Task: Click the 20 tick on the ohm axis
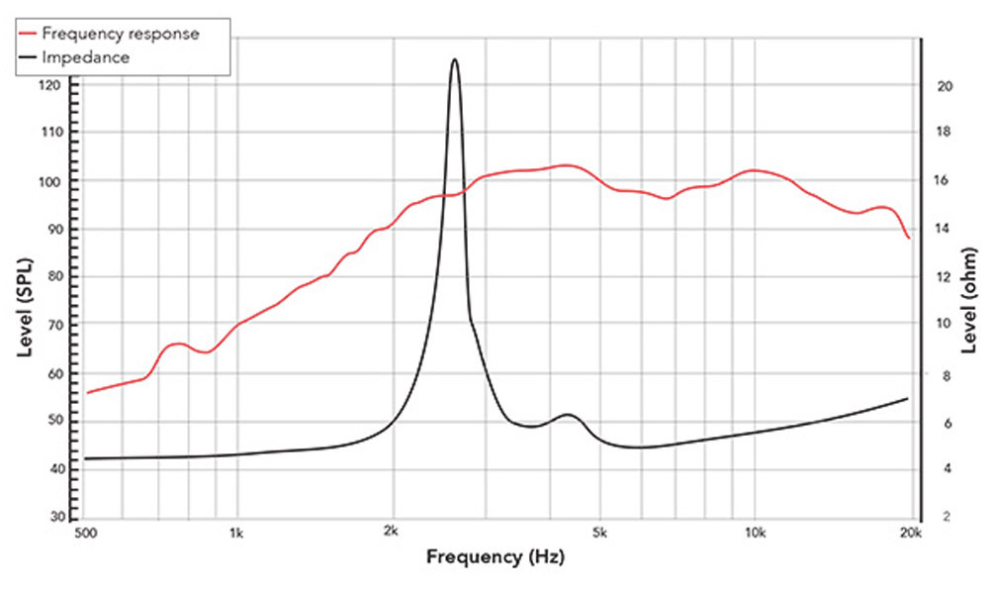pyautogui.click(x=944, y=86)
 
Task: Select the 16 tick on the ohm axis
pyautogui.click(x=944, y=181)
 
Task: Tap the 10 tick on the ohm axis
pyautogui.click(x=944, y=324)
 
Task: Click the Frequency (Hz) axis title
pyautogui.click(x=494, y=556)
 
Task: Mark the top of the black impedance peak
pyautogui.click(x=455, y=59)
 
